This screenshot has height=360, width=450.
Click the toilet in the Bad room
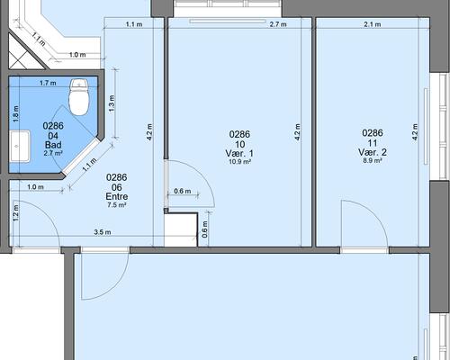click(x=79, y=97)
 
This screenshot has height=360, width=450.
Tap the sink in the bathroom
click(x=20, y=147)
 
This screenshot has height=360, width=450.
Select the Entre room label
click(x=117, y=196)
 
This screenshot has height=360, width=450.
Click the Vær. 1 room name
click(x=239, y=153)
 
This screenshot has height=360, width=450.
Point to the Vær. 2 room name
click(x=373, y=152)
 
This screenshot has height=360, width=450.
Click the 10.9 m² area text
click(x=239, y=162)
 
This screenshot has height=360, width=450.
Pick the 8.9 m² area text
click(x=373, y=160)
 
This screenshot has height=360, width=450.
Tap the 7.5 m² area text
click(x=117, y=205)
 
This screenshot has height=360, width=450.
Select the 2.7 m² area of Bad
click(x=53, y=153)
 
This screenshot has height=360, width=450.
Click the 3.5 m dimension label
click(x=103, y=232)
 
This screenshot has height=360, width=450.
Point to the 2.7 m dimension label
click(x=278, y=24)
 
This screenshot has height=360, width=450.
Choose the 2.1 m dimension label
click(x=373, y=24)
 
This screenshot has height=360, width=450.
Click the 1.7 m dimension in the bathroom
click(x=48, y=83)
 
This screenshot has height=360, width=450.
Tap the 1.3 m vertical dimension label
click(x=112, y=103)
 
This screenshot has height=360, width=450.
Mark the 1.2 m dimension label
click(x=16, y=212)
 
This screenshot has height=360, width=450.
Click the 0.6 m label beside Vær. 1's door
click(x=183, y=191)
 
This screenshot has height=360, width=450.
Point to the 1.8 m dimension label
click(x=16, y=113)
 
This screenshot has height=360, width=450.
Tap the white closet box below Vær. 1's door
click(x=181, y=229)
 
